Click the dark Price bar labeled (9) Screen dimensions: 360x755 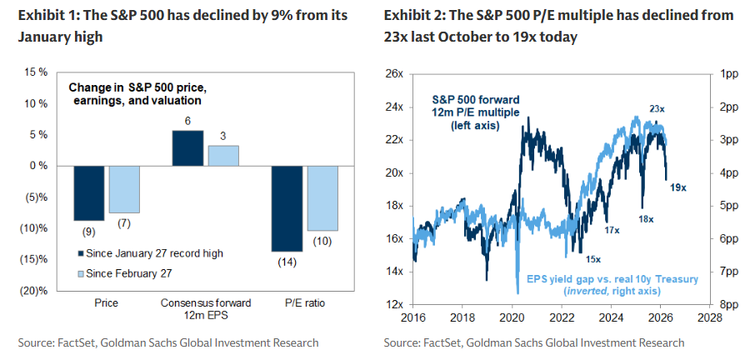(89, 192)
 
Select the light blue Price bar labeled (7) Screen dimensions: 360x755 (124, 189)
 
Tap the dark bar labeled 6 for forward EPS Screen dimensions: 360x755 (187, 148)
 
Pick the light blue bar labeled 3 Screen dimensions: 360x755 (222, 156)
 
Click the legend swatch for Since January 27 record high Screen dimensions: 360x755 (82, 252)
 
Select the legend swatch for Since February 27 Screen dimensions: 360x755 (82, 272)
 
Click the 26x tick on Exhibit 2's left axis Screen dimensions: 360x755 (394, 75)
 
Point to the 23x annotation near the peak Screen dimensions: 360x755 (657, 108)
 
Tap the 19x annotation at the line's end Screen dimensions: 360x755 (677, 187)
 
